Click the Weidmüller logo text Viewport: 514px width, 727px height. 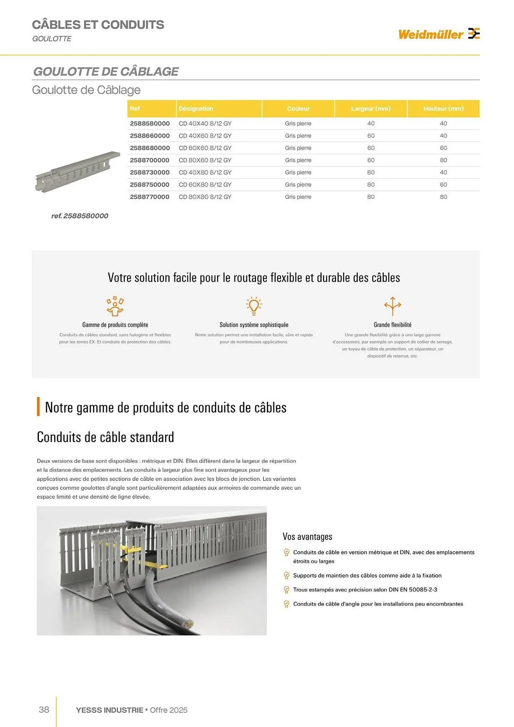pyautogui.click(x=430, y=35)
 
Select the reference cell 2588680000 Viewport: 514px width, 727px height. pyautogui.click(x=150, y=148)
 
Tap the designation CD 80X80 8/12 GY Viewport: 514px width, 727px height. pyautogui.click(x=205, y=197)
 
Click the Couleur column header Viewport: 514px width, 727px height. pyautogui.click(x=298, y=109)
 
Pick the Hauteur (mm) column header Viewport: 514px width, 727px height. pyautogui.click(x=443, y=109)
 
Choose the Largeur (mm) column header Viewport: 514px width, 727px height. pyautogui.click(x=370, y=109)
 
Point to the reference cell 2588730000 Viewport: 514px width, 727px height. pyautogui.click(x=150, y=172)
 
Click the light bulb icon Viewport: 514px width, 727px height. pyautogui.click(x=254, y=306)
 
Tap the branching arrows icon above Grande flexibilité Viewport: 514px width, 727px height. pyautogui.click(x=393, y=306)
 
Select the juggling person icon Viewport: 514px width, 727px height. pyautogui.click(x=115, y=306)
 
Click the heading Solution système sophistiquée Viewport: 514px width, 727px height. pyautogui.click(x=254, y=325)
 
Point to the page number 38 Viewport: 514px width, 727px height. pyautogui.click(x=44, y=710)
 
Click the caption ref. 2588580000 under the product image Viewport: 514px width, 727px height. pyautogui.click(x=80, y=216)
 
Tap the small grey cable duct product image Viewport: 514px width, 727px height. pyautogui.click(x=77, y=171)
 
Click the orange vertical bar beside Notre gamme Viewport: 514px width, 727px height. pyautogui.click(x=38, y=406)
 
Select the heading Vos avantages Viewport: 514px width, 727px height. pyautogui.click(x=307, y=537)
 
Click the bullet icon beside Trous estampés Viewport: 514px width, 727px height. pyautogui.click(x=286, y=590)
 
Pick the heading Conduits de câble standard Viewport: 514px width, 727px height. pyautogui.click(x=105, y=437)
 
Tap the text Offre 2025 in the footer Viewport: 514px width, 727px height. pyautogui.click(x=169, y=710)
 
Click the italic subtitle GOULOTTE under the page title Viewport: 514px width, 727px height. pyautogui.click(x=52, y=39)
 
